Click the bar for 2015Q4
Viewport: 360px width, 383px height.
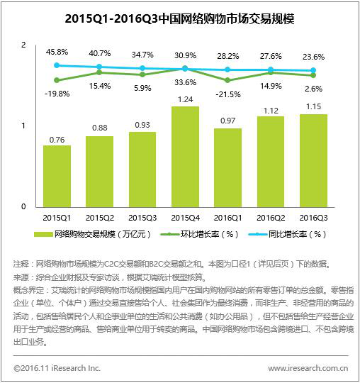tap(185, 157)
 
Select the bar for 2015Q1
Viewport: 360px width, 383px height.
tap(57, 177)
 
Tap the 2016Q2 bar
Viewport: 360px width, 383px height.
tap(271, 162)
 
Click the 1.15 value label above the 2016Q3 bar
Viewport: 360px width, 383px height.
tap(314, 106)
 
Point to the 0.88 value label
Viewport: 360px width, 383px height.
tap(100, 128)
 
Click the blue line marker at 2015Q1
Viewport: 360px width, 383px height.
tap(57, 65)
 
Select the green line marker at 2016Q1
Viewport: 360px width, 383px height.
tap(227, 80)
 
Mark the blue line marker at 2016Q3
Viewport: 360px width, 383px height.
tap(313, 71)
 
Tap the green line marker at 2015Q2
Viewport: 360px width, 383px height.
tap(99, 72)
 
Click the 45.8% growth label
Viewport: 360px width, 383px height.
tap(57, 52)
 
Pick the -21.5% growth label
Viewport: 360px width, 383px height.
tap(228, 94)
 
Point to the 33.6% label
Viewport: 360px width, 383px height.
tap(185, 82)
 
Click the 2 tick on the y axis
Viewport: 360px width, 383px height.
tap(23, 45)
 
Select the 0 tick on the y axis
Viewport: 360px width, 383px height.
tap(23, 206)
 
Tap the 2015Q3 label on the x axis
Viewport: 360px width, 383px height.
tap(142, 218)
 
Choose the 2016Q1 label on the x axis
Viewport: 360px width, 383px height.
tap(228, 218)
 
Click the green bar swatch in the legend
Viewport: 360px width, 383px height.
tap(43, 235)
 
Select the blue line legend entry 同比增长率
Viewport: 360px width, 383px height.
tap(287, 235)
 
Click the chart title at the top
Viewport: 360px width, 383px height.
tap(179, 19)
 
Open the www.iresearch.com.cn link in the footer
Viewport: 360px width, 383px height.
tap(308, 368)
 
